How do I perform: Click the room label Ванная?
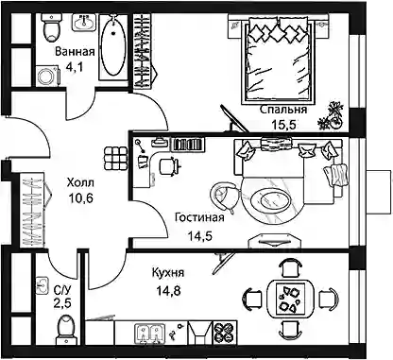pos(75,51)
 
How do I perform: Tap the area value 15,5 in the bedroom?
pos(283,125)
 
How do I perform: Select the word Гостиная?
pos(199,217)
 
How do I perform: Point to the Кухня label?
pos(168,273)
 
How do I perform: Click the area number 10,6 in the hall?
pos(80,198)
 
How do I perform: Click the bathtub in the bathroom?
pos(113,46)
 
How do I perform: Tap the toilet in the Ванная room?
pos(52,27)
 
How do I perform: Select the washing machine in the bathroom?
pos(48,76)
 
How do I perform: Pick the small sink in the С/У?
pos(42,284)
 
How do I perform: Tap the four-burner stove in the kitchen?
pos(225,333)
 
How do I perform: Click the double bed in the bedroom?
pos(278,60)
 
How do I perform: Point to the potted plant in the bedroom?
pos(331,116)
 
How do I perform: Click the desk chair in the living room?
pos(169,165)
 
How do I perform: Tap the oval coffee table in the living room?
pos(271,199)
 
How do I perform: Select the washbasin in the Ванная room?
pos(83,23)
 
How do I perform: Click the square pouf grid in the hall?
pos(115,159)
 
